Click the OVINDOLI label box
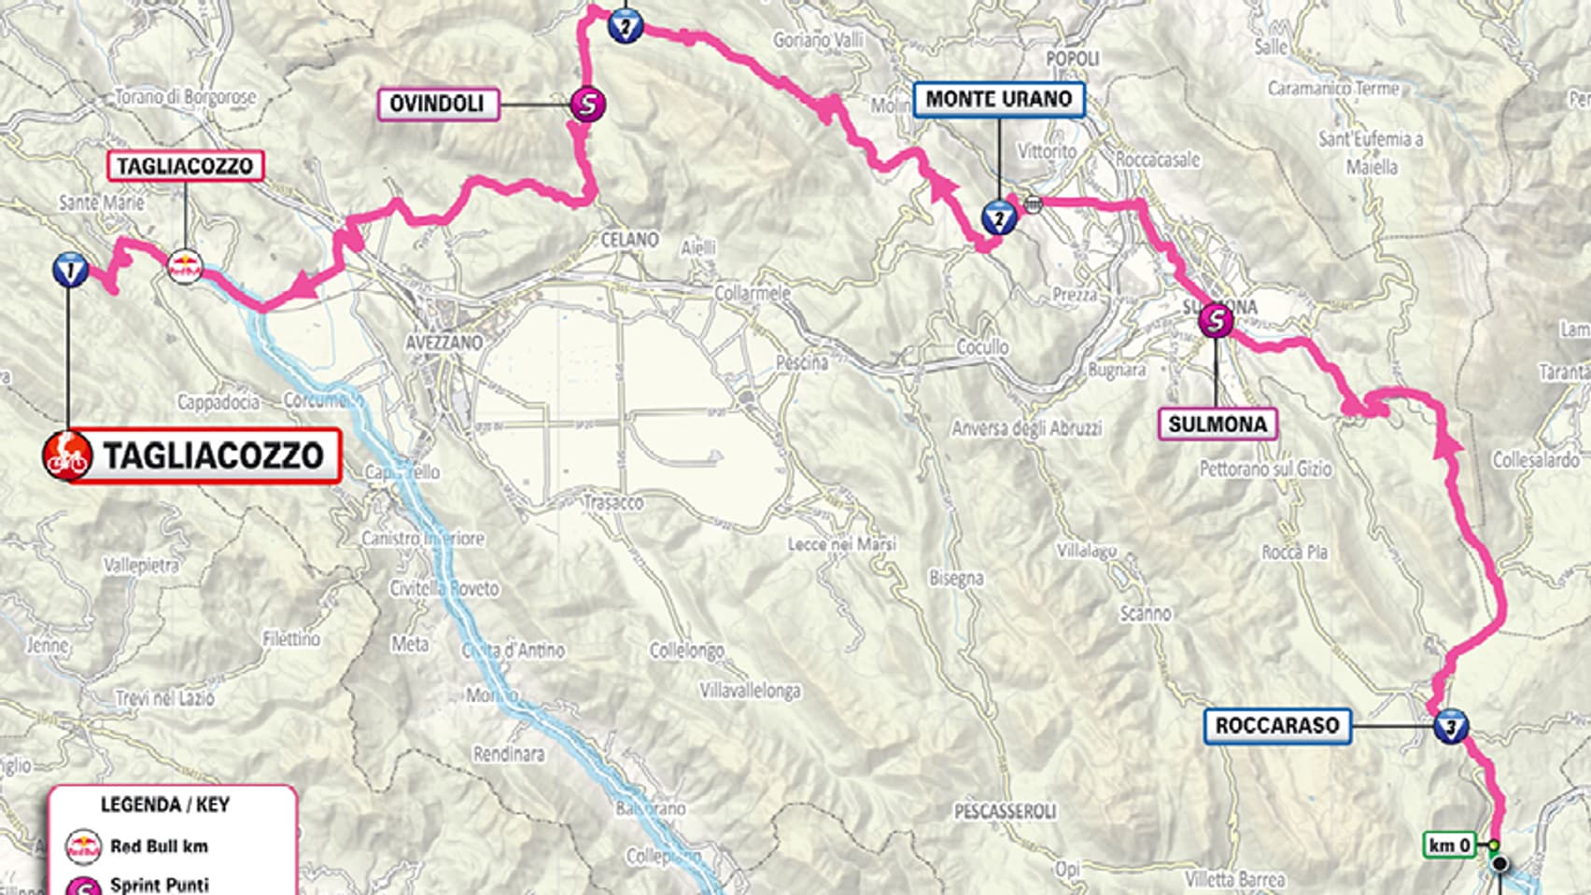pyautogui.click(x=437, y=104)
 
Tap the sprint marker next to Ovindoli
pyautogui.click(x=587, y=104)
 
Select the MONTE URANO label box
pyautogui.click(x=998, y=99)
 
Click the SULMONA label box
pyautogui.click(x=1218, y=424)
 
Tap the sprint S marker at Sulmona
pyautogui.click(x=1216, y=321)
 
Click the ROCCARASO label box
pyautogui.click(x=1276, y=725)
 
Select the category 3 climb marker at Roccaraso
pyautogui.click(x=1450, y=726)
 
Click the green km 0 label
pyautogui.click(x=1449, y=846)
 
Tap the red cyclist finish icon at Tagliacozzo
pyautogui.click(x=67, y=456)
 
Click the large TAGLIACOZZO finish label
pyautogui.click(x=214, y=456)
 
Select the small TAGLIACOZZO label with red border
pyautogui.click(x=185, y=166)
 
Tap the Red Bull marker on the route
pyautogui.click(x=184, y=266)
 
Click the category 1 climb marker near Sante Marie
pyautogui.click(x=70, y=270)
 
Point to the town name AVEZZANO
pyautogui.click(x=444, y=343)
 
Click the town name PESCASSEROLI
pyautogui.click(x=1005, y=811)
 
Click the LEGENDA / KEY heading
pyautogui.click(x=164, y=804)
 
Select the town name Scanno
pyautogui.click(x=1145, y=613)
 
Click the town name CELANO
pyautogui.click(x=629, y=240)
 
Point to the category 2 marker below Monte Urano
pyautogui.click(x=998, y=219)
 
